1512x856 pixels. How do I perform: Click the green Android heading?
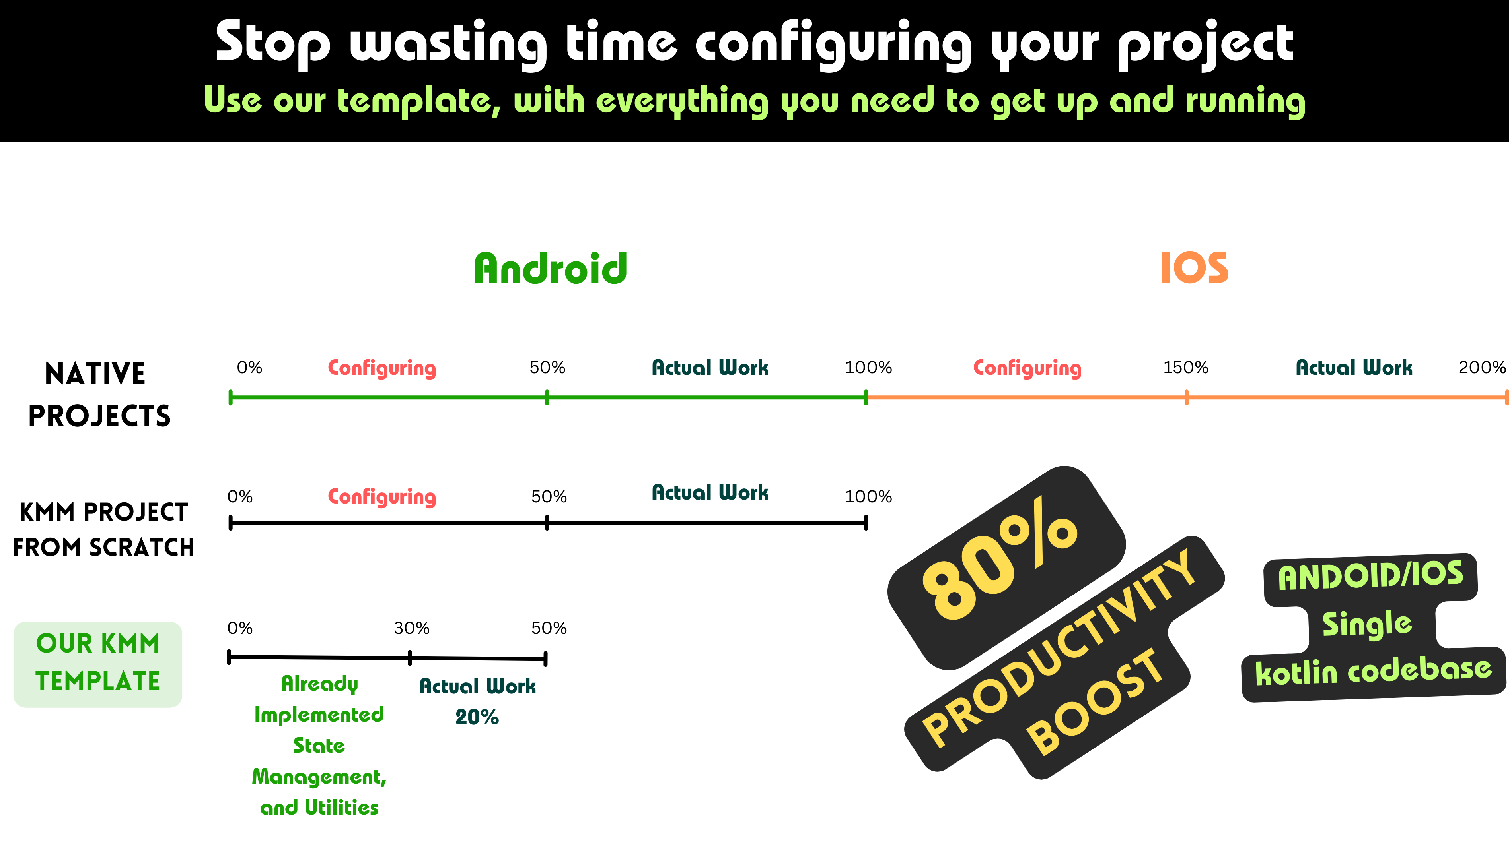click(x=551, y=269)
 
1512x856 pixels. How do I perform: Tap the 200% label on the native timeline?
click(x=1481, y=368)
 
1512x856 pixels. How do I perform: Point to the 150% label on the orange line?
click(x=1185, y=368)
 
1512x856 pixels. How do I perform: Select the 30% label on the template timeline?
click(x=412, y=628)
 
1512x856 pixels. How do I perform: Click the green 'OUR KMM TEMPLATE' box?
click(x=98, y=664)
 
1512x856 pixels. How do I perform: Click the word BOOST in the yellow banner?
click(x=1096, y=703)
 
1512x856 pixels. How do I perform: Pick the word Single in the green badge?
click(x=1367, y=624)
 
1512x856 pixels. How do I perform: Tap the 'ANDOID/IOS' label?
click(x=1371, y=576)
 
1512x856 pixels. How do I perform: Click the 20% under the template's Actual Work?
click(x=477, y=717)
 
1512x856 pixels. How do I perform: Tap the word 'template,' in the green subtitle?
click(x=419, y=101)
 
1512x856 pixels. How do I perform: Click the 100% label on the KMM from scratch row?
click(x=868, y=497)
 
